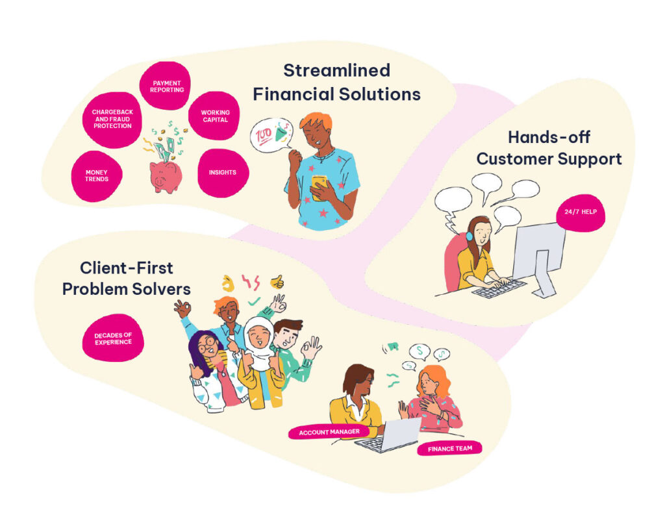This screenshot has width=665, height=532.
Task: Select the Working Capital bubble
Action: tap(215, 116)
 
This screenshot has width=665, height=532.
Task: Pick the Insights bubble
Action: tap(222, 173)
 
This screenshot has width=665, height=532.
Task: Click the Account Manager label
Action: tap(329, 432)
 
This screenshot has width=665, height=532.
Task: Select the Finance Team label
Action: tap(449, 448)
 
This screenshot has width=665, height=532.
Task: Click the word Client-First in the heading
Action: tap(127, 268)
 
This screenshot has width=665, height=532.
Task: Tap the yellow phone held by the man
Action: tap(319, 183)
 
